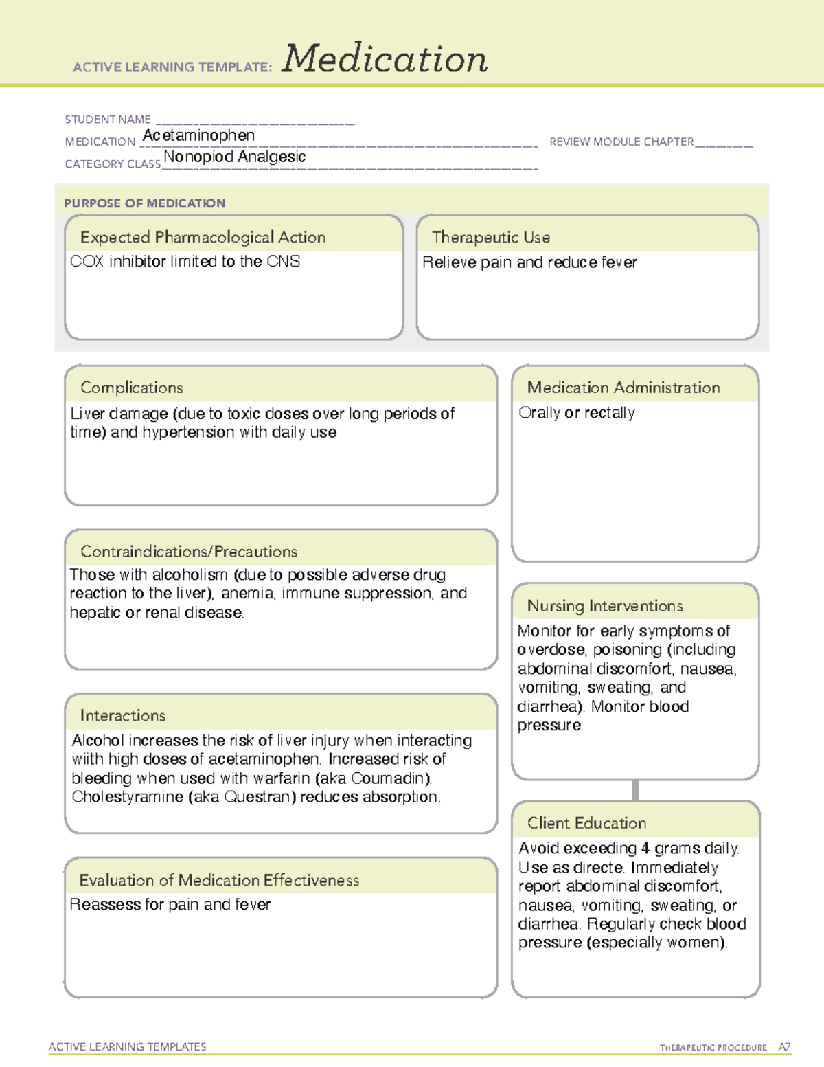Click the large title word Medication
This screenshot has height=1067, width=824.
coord(385,59)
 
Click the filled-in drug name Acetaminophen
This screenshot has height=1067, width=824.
coord(198,136)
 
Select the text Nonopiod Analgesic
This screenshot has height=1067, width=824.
coord(234,157)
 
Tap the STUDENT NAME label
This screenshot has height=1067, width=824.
coord(108,120)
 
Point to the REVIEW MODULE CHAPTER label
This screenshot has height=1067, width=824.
coord(621,142)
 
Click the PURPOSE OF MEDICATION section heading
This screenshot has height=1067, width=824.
coord(144,203)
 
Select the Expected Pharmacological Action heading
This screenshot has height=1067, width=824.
coord(203,237)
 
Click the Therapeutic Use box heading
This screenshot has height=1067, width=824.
coord(491,237)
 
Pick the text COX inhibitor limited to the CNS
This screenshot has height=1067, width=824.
coord(185,262)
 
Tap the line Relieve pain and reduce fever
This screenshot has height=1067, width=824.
coord(529,262)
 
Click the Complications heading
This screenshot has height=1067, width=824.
coord(131,388)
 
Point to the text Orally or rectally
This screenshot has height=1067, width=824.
coord(577,413)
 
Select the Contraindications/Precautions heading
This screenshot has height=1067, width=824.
coord(189,551)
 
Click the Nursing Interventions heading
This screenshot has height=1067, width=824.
coord(605,605)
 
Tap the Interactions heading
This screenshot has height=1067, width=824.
coord(122,715)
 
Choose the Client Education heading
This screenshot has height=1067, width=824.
coord(586,823)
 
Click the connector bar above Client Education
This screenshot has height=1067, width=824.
coord(635,790)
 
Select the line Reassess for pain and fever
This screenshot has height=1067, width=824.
coord(170,905)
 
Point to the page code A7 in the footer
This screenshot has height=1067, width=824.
coord(783,1047)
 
